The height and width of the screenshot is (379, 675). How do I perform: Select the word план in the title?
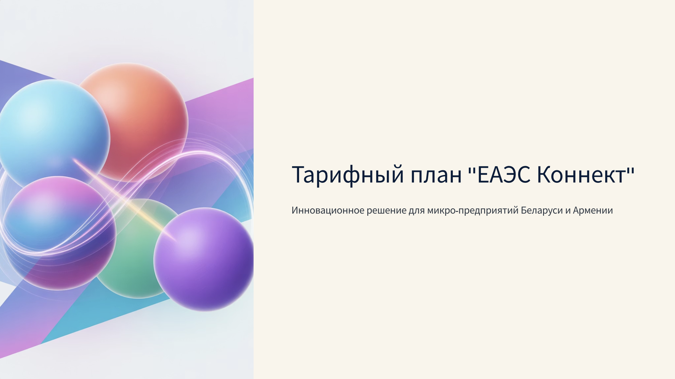[436, 175]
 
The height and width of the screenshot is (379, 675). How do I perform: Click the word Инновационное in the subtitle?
[328, 210]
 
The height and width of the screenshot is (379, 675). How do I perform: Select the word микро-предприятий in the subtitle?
[473, 211]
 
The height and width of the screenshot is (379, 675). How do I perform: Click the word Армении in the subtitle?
[593, 211]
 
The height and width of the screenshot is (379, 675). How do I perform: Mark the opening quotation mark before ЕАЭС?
[471, 169]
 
